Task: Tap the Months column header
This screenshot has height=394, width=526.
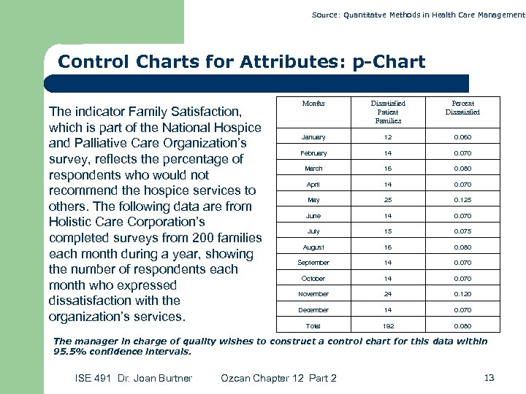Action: coord(313,104)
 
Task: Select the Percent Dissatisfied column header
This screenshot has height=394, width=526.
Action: coord(462,108)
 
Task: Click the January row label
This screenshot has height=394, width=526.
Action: coord(313,137)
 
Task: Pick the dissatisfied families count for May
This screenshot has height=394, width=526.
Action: coord(388,200)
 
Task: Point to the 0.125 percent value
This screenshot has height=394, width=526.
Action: coord(462,200)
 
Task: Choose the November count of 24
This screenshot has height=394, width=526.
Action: coord(388,294)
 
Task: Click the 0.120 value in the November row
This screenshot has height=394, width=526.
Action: coord(462,294)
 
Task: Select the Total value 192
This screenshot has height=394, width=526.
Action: coord(388,325)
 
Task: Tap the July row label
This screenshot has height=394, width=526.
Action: coord(313,231)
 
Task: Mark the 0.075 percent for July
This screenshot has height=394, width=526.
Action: coord(462,231)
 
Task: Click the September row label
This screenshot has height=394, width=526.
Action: coord(313,263)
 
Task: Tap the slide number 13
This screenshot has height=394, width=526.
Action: coord(489,377)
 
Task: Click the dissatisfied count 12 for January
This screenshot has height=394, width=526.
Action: coord(388,137)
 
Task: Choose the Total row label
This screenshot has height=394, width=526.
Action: coord(313,325)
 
